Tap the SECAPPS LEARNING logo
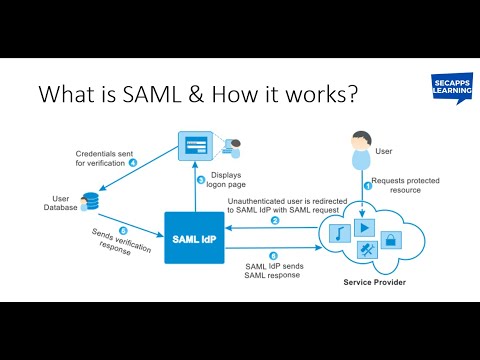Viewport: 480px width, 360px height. (441, 91)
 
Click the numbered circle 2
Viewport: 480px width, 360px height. (275, 220)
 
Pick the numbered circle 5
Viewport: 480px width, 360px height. (123, 229)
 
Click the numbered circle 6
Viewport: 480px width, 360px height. (274, 255)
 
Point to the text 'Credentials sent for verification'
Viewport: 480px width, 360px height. (100, 160)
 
